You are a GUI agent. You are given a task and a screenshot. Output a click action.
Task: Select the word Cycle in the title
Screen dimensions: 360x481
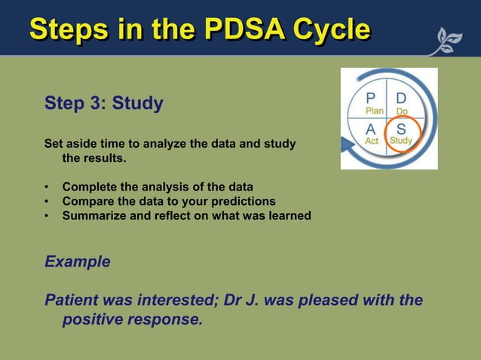click(332, 29)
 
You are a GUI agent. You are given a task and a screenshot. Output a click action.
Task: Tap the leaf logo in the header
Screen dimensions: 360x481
click(446, 41)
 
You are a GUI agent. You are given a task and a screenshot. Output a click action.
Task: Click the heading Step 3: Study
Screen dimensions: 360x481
click(104, 103)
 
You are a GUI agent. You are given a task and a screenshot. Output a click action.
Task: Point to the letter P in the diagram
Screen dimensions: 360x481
click(371, 99)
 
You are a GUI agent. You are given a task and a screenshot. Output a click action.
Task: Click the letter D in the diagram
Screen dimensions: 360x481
click(401, 99)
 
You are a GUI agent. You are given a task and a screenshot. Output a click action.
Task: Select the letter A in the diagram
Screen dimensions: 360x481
click(371, 129)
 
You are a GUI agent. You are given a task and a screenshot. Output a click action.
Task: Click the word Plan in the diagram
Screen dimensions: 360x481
click(374, 111)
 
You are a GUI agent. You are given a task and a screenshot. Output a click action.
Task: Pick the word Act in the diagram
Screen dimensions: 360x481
click(372, 141)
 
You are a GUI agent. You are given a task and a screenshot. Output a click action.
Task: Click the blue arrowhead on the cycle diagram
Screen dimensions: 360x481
click(348, 145)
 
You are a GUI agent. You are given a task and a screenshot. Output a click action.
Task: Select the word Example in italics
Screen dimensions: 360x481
click(78, 262)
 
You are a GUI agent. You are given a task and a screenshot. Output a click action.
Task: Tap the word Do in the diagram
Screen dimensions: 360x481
click(402, 111)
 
